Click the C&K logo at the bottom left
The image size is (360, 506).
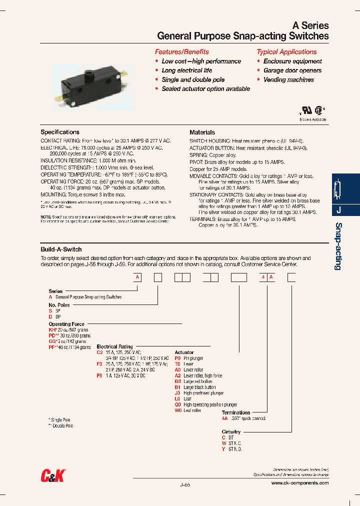pos(53,475)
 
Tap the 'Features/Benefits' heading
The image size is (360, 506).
pos(181,52)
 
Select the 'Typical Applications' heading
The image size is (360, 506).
pos(286,52)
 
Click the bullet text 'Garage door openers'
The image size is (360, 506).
pos(292,70)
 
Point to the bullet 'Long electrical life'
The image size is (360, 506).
pos(186,70)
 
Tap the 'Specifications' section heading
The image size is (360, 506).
pos(60,132)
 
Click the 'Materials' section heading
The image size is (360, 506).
pos(202,132)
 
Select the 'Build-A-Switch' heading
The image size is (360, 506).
pos(61,249)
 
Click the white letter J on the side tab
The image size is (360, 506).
pos(338,210)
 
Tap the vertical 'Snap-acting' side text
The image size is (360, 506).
pos(338,246)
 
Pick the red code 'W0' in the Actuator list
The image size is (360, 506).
pos(177,410)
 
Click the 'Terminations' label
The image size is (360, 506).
pos(236,412)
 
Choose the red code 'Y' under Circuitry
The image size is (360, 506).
pos(223,449)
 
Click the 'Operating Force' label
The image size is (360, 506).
pos(66,324)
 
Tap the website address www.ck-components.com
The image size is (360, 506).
pos(300,483)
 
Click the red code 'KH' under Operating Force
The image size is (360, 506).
pos(51,330)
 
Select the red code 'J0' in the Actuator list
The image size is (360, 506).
pos(177,393)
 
